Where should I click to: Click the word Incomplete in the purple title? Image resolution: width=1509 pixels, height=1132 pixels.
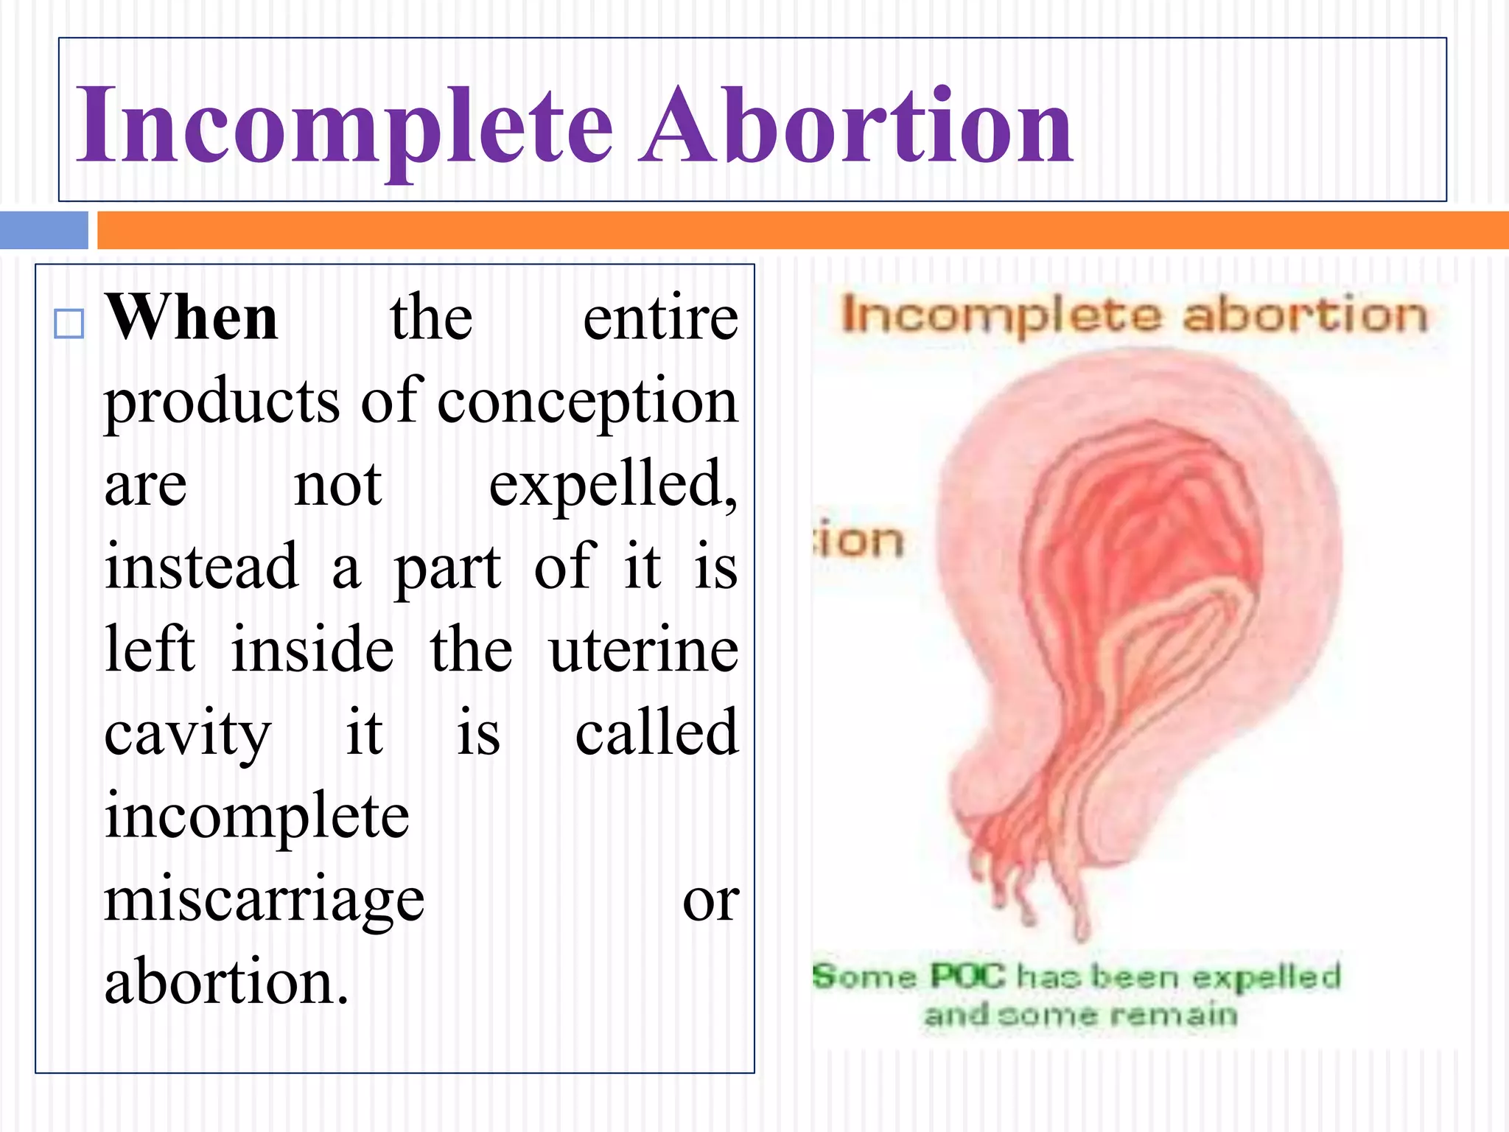(x=344, y=125)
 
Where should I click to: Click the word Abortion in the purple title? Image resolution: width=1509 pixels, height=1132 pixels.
(x=855, y=125)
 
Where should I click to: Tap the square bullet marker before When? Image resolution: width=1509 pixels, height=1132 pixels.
(x=69, y=324)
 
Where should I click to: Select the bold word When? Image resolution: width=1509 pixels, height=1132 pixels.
(x=191, y=318)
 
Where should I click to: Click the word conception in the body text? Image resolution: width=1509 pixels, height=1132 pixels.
(x=587, y=402)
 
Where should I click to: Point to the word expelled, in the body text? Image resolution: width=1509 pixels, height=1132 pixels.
(x=612, y=485)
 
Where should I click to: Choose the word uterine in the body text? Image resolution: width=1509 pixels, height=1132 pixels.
(x=643, y=650)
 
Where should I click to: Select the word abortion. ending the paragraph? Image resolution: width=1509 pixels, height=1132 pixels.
(x=225, y=982)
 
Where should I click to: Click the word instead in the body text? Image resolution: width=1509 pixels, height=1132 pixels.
(x=201, y=567)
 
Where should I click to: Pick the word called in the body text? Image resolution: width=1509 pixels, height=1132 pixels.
(x=657, y=733)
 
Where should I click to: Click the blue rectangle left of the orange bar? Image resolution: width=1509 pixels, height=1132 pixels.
(x=43, y=230)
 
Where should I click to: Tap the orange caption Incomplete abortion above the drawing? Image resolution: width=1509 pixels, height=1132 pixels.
(x=1134, y=315)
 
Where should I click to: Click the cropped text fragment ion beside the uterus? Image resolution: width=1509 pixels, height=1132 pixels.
(x=859, y=540)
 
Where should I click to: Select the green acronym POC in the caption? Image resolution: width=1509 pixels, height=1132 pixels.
(x=967, y=976)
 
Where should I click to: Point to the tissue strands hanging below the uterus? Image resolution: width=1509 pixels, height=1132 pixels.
(x=1032, y=877)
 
